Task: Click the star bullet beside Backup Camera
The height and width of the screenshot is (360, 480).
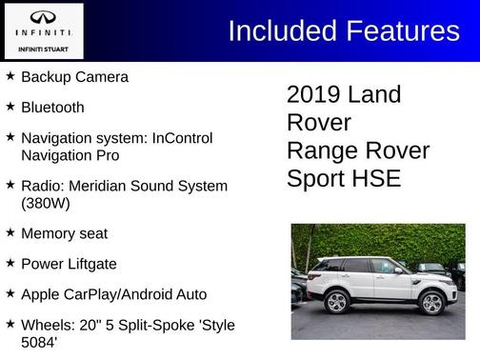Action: pos(10,76)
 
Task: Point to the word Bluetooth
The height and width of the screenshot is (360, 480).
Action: pos(52,108)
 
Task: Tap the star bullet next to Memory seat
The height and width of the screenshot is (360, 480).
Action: pos(10,232)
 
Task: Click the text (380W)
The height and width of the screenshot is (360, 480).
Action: pos(46,203)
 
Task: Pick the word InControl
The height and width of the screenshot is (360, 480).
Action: pos(179,138)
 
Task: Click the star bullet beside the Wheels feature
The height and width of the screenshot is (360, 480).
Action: pos(10,325)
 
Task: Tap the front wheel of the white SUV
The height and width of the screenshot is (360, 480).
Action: pos(431,303)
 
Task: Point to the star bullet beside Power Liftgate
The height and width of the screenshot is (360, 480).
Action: pos(10,263)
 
